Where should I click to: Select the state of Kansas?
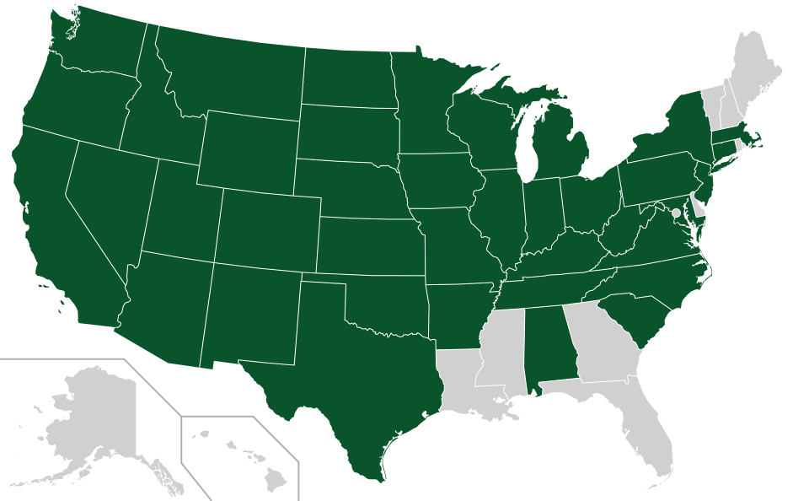click(371, 245)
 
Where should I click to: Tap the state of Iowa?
click(438, 181)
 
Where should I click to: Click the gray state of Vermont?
click(712, 101)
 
